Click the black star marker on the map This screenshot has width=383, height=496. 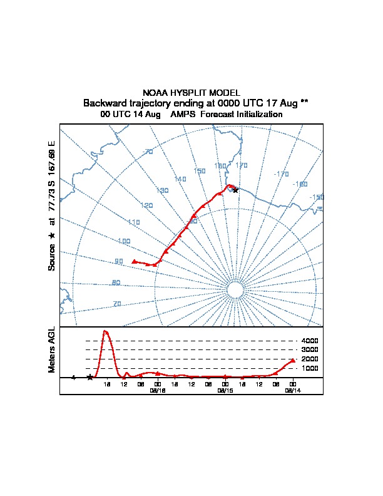235,190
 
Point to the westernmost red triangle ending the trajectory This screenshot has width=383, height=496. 135,261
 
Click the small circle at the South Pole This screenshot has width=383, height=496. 235,289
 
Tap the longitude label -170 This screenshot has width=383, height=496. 282,174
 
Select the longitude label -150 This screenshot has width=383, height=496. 317,197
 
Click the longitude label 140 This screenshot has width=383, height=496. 180,179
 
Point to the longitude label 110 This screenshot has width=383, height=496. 133,222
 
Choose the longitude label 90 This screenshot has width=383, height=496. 119,262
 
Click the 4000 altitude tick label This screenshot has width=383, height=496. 310,341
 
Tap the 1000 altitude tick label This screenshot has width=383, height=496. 310,368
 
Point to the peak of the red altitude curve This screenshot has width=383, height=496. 106,331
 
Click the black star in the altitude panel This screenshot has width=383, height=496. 90,377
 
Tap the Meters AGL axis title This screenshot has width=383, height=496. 52,350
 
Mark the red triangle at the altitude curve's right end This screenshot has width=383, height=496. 292,361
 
